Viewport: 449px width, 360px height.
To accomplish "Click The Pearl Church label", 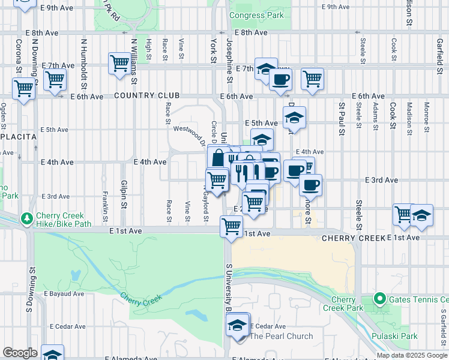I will (x=282, y=336).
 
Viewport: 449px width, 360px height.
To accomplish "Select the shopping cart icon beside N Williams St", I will (x=119, y=62).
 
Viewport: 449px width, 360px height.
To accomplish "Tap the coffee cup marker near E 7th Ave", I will (x=280, y=79).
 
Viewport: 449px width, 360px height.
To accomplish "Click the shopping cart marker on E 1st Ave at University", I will (x=231, y=226).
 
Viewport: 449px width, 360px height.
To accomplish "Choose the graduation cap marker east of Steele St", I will (x=422, y=215).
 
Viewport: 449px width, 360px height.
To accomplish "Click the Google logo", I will (x=20, y=353).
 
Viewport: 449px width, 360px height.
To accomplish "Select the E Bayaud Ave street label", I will (x=64, y=294).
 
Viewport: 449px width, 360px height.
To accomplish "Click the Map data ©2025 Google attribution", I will (x=412, y=355).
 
